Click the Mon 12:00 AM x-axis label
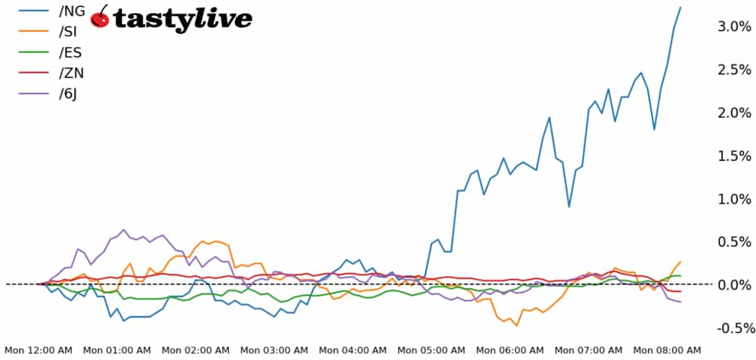click(x=39, y=351)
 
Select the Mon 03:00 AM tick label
click(x=274, y=351)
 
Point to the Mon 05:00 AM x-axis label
click(x=432, y=351)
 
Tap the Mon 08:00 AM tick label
click(x=667, y=351)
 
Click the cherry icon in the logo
click(x=99, y=17)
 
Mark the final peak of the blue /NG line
click(x=680, y=8)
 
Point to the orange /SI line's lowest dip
click(x=517, y=325)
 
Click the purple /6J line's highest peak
click(x=123, y=230)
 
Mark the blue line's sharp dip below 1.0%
click(x=569, y=206)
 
